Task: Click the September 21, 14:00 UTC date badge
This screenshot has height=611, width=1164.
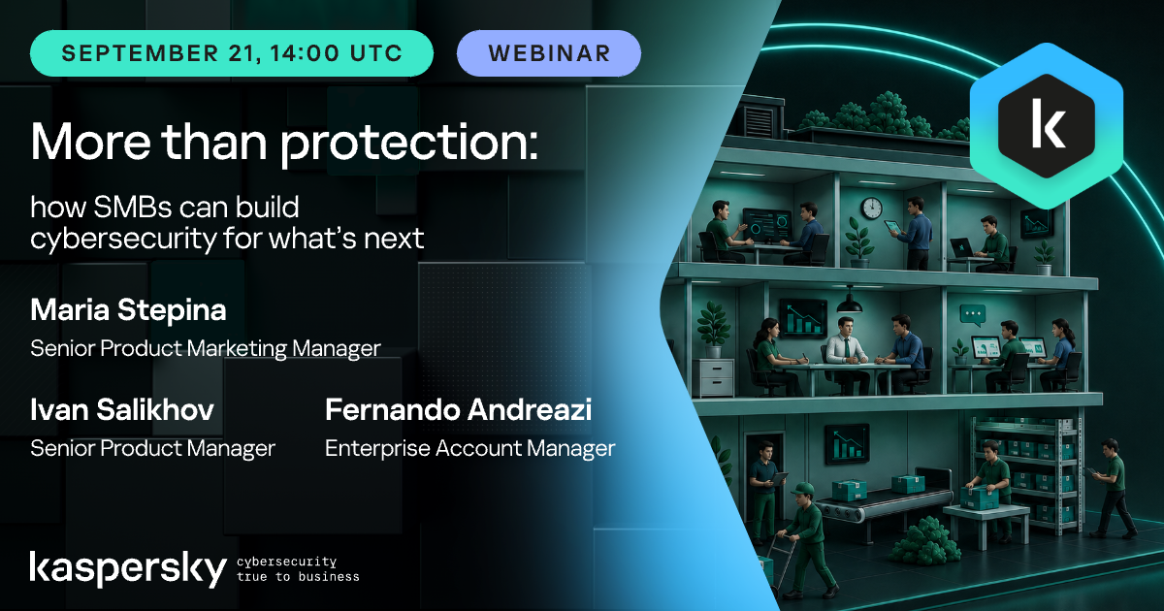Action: click(x=232, y=53)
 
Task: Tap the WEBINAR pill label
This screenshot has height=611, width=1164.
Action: click(x=549, y=53)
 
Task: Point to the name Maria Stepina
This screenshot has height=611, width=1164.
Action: click(x=128, y=310)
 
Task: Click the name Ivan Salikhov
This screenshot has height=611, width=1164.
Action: click(x=122, y=410)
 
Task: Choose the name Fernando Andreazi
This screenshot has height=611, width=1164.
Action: click(x=458, y=410)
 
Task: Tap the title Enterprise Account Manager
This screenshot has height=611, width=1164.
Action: click(x=469, y=448)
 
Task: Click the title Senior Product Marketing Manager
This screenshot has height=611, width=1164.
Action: click(x=206, y=348)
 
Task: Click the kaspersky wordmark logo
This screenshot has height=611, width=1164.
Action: click(x=128, y=569)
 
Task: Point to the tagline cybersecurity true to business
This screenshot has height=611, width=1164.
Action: click(x=298, y=569)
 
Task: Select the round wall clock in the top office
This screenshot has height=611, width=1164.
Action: click(x=872, y=208)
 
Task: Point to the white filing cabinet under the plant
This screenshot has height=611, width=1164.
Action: click(x=717, y=377)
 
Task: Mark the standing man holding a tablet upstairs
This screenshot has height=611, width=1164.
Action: click(x=913, y=234)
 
